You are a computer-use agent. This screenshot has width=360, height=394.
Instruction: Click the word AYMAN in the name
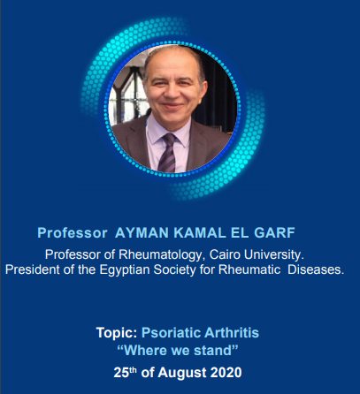pyautogui.click(x=142, y=233)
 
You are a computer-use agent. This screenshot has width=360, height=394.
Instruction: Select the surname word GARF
pyautogui.click(x=274, y=233)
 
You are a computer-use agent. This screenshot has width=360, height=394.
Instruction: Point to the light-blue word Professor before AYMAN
pyautogui.click(x=73, y=233)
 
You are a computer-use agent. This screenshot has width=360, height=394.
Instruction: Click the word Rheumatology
pyautogui.click(x=162, y=255)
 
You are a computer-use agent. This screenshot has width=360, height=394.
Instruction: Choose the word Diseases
pyautogui.click(x=316, y=269)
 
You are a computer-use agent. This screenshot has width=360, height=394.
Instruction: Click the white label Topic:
pyautogui.click(x=117, y=333)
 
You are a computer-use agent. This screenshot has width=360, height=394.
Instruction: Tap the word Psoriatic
pyautogui.click(x=171, y=333)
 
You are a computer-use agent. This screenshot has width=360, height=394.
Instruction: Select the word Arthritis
pyautogui.click(x=232, y=333)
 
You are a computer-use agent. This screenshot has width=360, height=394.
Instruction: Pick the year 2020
pyautogui.click(x=226, y=373)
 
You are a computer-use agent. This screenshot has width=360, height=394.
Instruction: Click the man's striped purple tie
pyautogui.click(x=167, y=153)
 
